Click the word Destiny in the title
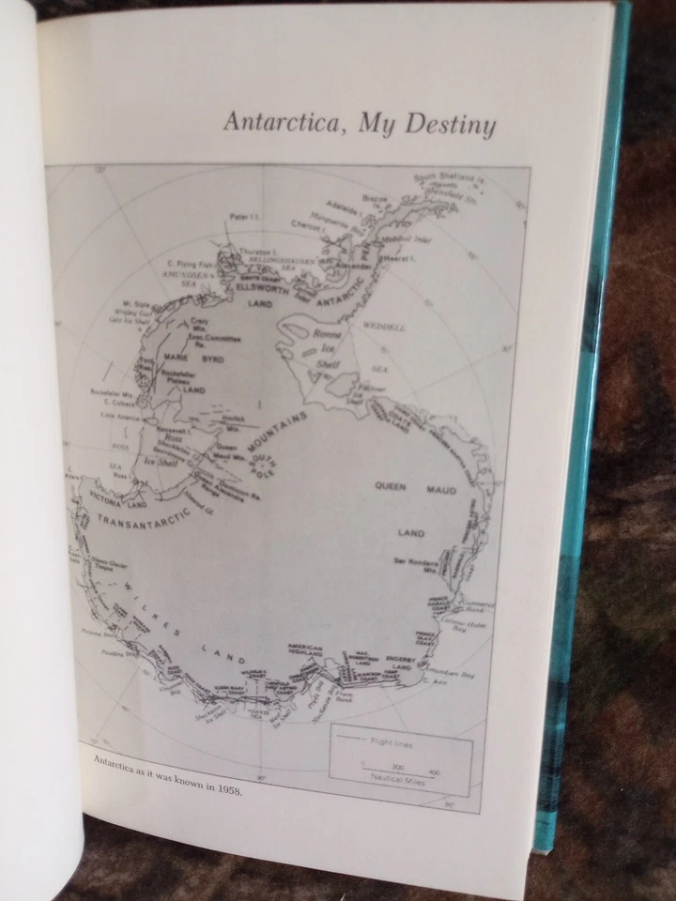pos(450,125)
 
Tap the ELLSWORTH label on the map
pos(253,289)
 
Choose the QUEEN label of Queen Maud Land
pos(391,486)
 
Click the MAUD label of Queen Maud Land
pos(442,490)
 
